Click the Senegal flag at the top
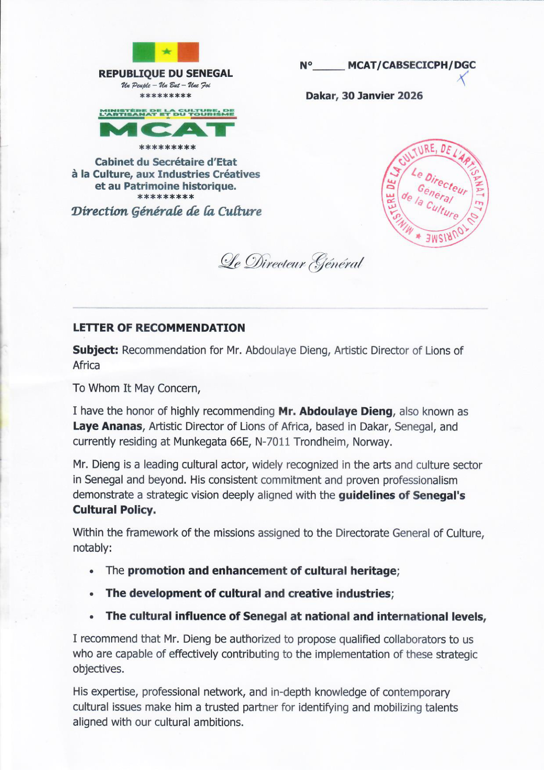[x=165, y=52]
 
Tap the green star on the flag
[x=166, y=51]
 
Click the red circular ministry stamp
[x=435, y=193]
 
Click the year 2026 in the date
[x=410, y=96]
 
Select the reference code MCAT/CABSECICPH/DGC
[x=411, y=65]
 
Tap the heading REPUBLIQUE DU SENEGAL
[x=165, y=74]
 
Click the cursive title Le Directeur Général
[x=291, y=263]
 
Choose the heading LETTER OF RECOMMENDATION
[x=159, y=328]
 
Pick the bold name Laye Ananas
[x=107, y=426]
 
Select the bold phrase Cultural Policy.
[x=114, y=510]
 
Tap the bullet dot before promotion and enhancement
[x=92, y=572]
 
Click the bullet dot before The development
[x=92, y=595]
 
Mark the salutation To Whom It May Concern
[x=136, y=388]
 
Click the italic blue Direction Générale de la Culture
[x=166, y=211]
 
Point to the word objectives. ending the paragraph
[x=98, y=669]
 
